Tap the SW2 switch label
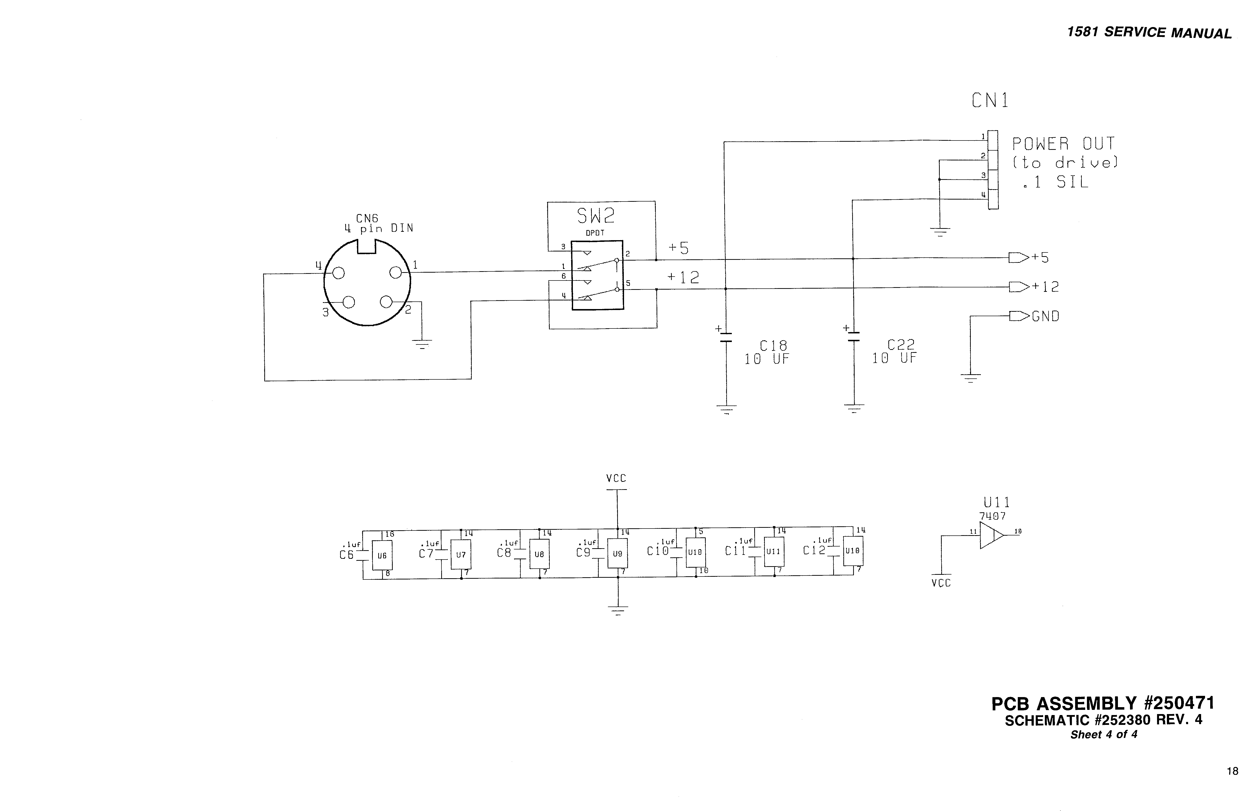coord(596,216)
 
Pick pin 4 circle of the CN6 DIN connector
coord(339,273)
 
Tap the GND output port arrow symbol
coord(1018,316)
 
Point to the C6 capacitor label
coord(346,555)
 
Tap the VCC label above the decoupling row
coord(616,478)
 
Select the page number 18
coord(1232,771)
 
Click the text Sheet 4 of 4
coord(1103,734)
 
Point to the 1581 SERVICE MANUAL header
coord(1149,33)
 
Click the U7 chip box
coord(461,555)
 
